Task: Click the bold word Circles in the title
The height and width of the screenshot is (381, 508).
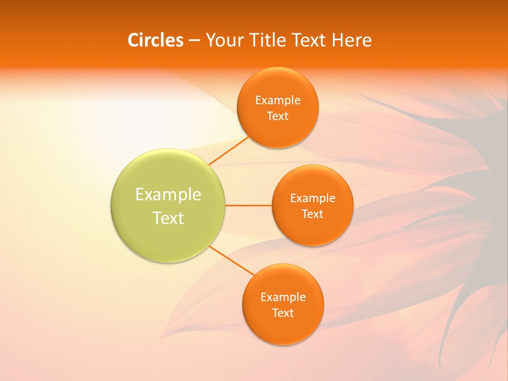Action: coord(155,40)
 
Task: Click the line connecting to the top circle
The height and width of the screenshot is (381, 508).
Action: coord(229,150)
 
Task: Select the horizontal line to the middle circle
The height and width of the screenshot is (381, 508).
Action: coord(248,205)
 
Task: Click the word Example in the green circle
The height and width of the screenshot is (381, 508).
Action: coord(168,195)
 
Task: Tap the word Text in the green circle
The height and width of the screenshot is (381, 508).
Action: coord(168,218)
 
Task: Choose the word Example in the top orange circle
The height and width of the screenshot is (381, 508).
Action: coord(277,101)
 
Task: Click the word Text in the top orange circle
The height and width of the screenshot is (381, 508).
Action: coord(277,116)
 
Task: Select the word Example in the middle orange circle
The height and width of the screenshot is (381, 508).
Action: coord(312,198)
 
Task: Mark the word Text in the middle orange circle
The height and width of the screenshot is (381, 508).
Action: coord(312,214)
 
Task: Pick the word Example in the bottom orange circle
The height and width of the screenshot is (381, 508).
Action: coord(283,297)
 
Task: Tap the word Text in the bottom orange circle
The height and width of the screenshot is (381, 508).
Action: coord(283,313)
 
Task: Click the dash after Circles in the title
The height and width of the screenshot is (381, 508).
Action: coord(194,41)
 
